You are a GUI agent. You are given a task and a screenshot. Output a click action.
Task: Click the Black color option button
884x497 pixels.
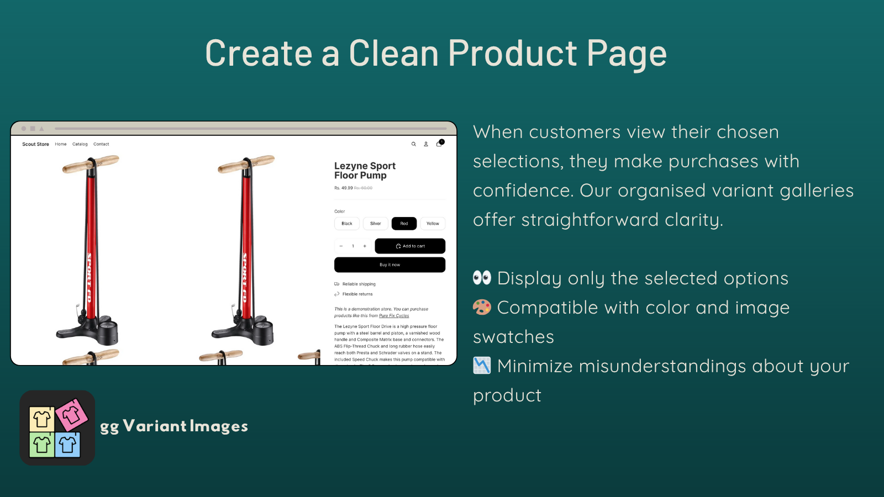tap(347, 224)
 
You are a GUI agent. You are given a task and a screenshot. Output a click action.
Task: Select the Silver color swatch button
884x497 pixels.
tap(376, 224)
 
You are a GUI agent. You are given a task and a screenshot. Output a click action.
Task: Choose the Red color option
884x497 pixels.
tap(404, 224)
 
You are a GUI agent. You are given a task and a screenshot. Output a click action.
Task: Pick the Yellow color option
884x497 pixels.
tap(433, 224)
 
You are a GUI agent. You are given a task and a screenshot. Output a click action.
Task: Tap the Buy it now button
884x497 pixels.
tap(390, 265)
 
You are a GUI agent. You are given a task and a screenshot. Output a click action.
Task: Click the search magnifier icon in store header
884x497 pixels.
tap(413, 144)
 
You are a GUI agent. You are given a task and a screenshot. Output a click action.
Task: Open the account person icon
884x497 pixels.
tap(426, 144)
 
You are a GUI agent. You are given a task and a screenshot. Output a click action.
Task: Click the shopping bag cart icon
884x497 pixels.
tap(439, 144)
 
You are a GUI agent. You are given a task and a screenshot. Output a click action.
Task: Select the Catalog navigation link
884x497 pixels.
tap(80, 144)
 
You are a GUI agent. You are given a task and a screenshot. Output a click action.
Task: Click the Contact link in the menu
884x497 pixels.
tap(101, 144)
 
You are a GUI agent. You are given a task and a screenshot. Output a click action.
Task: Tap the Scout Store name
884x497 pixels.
tap(35, 144)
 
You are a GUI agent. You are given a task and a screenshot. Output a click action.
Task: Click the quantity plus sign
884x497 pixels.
tap(365, 246)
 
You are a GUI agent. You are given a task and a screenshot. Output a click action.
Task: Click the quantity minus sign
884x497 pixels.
tap(341, 246)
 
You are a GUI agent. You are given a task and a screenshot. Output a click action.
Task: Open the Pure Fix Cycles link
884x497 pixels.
tap(394, 316)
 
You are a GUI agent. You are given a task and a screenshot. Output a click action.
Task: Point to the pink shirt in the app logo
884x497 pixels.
tap(71, 415)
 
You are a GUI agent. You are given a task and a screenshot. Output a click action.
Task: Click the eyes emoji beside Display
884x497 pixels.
tap(482, 278)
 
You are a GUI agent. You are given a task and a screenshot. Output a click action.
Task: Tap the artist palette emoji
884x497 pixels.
tap(482, 307)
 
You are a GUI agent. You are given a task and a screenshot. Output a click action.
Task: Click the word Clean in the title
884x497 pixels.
tap(393, 54)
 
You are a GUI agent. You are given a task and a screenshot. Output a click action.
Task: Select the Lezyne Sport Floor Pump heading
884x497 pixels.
tap(365, 171)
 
